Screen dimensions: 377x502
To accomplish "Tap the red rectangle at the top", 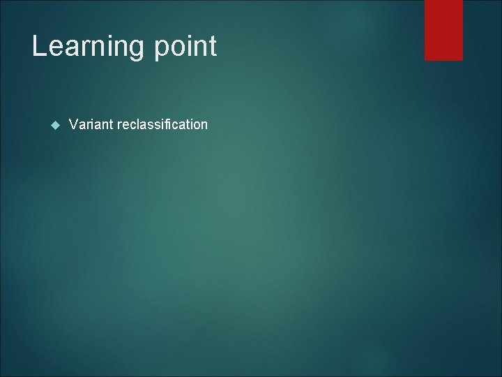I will click(443, 29).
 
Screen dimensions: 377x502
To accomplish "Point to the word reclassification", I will click(162, 124).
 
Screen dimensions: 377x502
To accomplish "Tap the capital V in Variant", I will click(73, 124).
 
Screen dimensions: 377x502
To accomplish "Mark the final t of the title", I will click(213, 47).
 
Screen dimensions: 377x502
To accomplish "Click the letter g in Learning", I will click(136, 50).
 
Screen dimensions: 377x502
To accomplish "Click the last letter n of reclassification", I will click(204, 125).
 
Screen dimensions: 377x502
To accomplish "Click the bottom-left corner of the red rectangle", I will click(425, 60).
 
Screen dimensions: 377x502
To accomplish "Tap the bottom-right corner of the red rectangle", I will click(462, 60).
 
